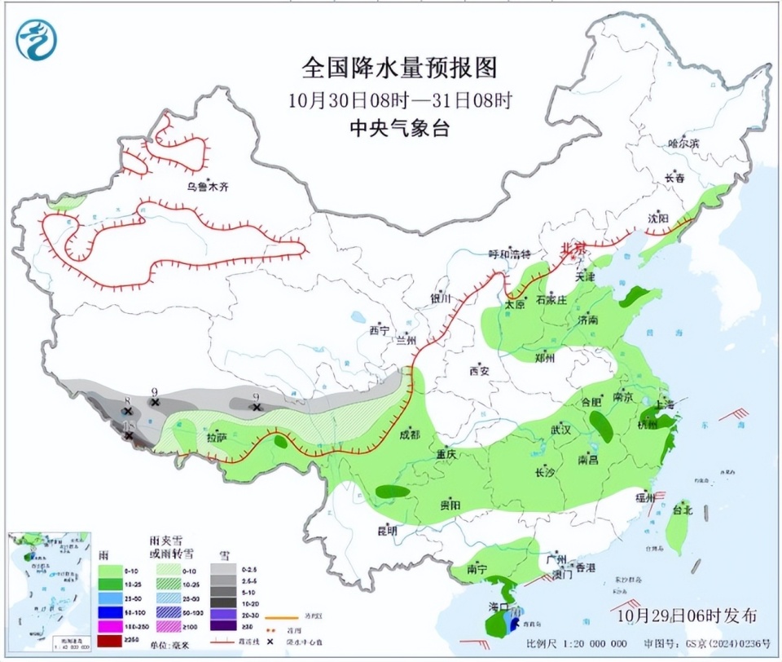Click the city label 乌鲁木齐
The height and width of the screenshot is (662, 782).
(x=208, y=187)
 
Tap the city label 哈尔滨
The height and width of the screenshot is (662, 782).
(x=683, y=143)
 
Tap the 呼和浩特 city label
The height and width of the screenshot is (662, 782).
(x=509, y=253)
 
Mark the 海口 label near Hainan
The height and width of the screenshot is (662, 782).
(x=498, y=608)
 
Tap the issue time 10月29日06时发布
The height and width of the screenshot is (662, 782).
(x=687, y=614)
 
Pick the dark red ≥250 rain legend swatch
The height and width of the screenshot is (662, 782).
(x=109, y=639)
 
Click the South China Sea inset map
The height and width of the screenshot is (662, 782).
(x=48, y=587)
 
